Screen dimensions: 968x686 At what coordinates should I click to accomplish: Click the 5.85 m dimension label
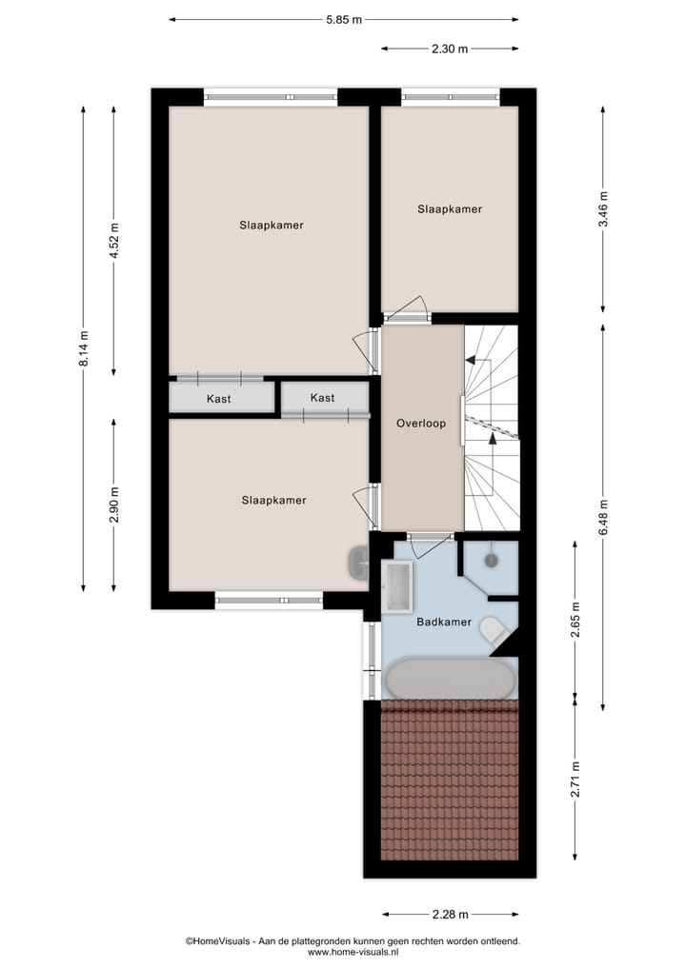tap(343, 18)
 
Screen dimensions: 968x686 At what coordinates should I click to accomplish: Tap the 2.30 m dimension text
tap(450, 49)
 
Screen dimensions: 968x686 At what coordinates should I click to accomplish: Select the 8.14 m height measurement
tap(84, 347)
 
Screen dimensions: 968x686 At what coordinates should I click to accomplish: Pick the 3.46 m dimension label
tap(604, 208)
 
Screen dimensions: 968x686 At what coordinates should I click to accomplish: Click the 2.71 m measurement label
tap(575, 779)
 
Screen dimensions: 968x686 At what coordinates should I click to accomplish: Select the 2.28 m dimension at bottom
tap(450, 915)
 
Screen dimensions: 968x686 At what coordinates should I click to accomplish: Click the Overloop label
tap(421, 425)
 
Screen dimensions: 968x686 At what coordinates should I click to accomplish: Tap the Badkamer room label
tap(444, 622)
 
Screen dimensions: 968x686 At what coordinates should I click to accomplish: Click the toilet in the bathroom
tap(494, 629)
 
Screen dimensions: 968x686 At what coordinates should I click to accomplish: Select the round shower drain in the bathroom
tap(492, 561)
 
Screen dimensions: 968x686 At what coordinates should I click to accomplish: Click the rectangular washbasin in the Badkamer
tap(397, 585)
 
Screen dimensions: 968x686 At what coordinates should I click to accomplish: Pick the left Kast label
tap(219, 399)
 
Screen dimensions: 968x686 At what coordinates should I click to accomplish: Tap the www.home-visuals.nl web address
tap(353, 952)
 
